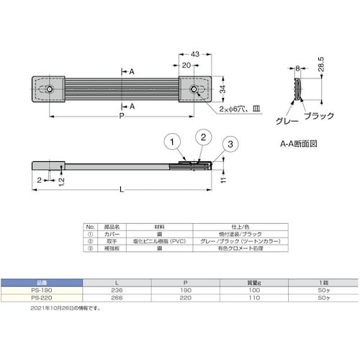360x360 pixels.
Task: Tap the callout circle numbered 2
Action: click(x=203, y=137)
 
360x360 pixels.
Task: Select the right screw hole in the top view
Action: click(x=194, y=89)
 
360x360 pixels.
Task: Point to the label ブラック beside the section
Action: click(x=317, y=116)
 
